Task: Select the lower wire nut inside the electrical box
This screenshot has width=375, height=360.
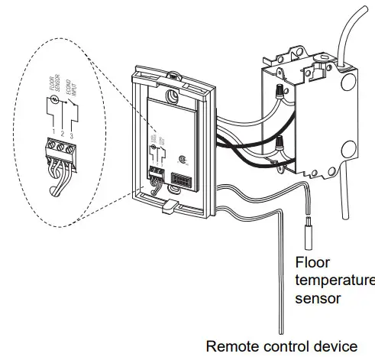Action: click(x=282, y=144)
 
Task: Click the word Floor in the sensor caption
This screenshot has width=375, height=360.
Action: click(x=312, y=262)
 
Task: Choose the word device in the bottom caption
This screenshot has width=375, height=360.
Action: click(x=333, y=345)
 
